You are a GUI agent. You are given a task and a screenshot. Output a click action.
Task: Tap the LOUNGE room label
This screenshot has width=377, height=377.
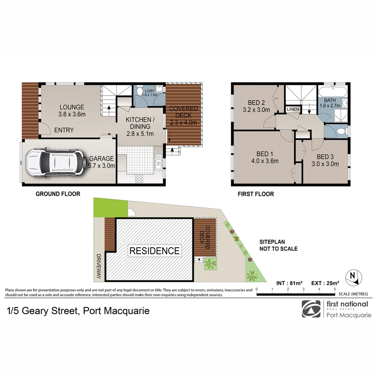coord(72,107)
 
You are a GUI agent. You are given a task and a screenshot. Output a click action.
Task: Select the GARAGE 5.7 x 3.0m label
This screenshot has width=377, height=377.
coord(102,162)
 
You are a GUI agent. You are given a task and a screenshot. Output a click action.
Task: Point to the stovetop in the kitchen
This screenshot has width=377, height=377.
coord(139,179)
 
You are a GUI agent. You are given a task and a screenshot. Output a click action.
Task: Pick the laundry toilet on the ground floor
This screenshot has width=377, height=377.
coord(139,91)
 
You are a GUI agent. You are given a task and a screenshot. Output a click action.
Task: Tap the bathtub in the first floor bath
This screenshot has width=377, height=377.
coord(333,91)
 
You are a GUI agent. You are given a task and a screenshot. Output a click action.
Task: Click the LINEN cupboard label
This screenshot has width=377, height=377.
coord(293,109)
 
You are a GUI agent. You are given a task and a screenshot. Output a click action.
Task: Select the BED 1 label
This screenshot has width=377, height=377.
coord(265,154)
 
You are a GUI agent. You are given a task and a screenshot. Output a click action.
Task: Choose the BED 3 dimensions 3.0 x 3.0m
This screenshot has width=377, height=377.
coord(325,164)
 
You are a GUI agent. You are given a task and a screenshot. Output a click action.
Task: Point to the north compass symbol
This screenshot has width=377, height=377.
coord(353,278)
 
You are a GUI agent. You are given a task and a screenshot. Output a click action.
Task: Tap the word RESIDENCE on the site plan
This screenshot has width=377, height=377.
coord(155,251)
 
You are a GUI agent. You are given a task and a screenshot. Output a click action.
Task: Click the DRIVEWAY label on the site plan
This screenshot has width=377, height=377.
coord(98,266)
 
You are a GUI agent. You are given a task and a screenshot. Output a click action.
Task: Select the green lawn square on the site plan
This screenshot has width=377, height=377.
coord(110,207)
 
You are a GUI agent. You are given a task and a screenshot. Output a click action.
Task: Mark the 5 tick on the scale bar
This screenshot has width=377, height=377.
coord(335,289)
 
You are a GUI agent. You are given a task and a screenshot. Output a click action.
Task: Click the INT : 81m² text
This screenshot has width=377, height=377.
coord(289,283)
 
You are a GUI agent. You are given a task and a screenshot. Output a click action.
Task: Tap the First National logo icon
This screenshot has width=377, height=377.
coord(311,309)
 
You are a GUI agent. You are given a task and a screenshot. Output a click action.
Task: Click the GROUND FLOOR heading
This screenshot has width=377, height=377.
coord(58,194)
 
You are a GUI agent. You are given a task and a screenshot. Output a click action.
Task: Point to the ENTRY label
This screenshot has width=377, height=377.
coord(64,130)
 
